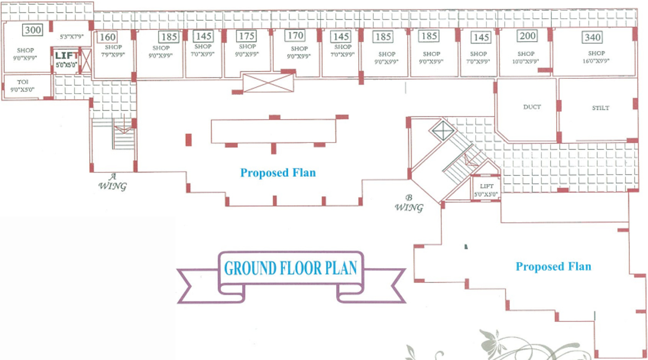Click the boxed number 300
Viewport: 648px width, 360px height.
tap(33, 30)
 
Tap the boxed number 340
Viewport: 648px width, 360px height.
tap(592, 37)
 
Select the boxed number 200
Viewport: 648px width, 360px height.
tap(527, 36)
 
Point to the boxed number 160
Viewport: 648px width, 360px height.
tap(107, 37)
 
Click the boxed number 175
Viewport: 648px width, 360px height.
tap(246, 36)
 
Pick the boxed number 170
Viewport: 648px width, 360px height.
tap(295, 36)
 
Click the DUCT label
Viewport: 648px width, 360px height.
tap(532, 107)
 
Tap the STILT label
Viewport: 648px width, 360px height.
tap(600, 108)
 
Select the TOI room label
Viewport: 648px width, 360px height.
tap(23, 82)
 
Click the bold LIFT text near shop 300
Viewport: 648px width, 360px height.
tap(66, 56)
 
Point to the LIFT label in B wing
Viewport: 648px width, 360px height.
tap(486, 186)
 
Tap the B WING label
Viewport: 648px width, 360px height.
tap(409, 203)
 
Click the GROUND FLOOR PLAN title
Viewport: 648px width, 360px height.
tap(291, 268)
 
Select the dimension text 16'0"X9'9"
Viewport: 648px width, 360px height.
tap(596, 61)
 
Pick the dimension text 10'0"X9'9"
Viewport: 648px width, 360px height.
tap(525, 62)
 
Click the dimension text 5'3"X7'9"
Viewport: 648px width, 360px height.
tap(72, 36)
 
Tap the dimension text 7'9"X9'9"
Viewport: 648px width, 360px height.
tap(113, 54)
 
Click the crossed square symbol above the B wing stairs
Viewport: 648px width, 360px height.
tap(443, 131)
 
